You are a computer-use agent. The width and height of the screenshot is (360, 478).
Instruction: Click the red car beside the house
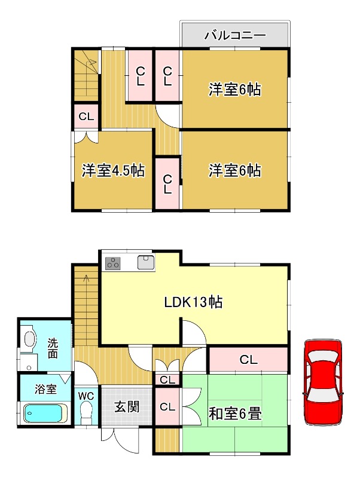324,382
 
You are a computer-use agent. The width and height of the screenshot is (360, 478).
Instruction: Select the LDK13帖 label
193,302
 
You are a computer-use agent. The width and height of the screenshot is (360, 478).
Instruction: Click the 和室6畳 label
234,413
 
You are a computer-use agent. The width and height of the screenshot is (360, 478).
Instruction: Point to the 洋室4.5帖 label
112,170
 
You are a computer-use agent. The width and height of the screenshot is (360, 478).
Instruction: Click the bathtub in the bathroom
44,413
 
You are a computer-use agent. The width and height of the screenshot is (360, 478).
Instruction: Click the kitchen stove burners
114,262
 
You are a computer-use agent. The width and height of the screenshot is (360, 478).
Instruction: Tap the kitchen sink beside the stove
145,262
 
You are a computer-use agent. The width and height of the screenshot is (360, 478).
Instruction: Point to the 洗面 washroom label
53,348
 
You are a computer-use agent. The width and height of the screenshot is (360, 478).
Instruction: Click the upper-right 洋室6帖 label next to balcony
234,90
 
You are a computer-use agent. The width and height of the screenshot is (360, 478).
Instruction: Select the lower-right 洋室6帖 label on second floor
234,170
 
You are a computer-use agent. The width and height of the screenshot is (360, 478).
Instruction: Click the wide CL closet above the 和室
248,360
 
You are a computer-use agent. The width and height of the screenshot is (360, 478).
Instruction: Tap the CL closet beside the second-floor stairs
86,117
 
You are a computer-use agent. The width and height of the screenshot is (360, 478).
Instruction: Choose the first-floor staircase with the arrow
86,305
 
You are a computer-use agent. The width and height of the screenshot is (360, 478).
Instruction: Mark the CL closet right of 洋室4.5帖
167,183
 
